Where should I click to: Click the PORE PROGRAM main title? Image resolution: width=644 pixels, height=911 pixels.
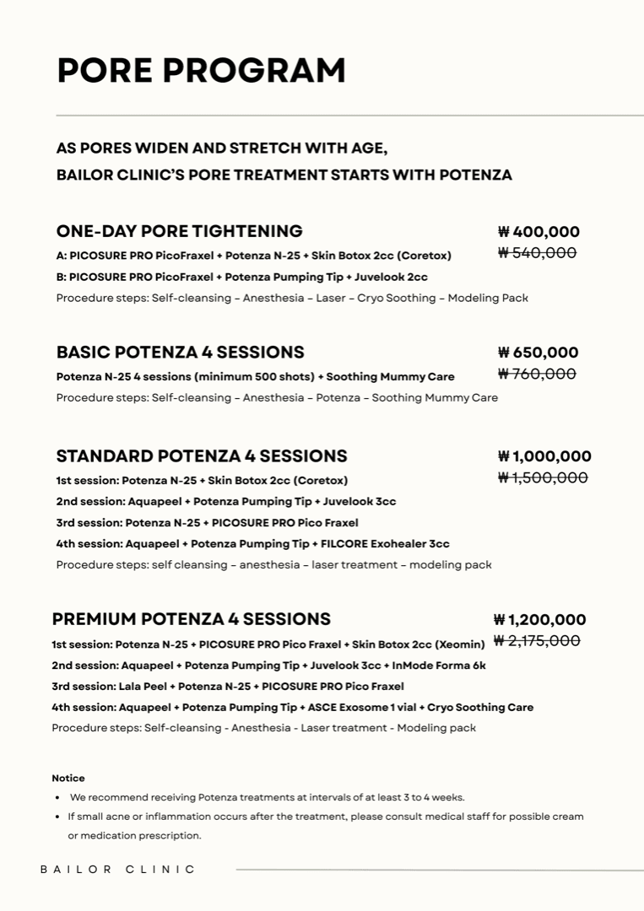point(201,70)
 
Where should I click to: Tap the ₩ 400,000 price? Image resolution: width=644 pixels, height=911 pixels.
point(538,232)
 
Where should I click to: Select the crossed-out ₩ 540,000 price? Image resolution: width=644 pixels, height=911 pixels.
point(537,253)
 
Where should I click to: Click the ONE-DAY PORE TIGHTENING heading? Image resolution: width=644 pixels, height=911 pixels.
point(179,231)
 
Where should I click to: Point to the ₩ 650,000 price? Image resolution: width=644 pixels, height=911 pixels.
point(538,353)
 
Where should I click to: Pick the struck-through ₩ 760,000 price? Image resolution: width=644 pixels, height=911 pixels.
point(537,374)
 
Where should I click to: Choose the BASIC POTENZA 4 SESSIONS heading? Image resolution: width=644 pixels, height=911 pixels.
point(180,353)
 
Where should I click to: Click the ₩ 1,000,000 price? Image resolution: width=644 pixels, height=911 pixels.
point(544,456)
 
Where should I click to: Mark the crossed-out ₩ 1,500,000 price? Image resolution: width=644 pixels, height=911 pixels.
point(543,477)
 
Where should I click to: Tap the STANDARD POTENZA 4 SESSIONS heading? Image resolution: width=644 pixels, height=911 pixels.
point(202,456)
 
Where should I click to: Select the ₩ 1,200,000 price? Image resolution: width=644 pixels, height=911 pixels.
point(539,620)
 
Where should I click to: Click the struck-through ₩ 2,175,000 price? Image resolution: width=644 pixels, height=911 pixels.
point(537,641)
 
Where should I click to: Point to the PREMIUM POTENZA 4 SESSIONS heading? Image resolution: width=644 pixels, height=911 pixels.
point(191,619)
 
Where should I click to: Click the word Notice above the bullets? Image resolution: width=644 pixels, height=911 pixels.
point(68,778)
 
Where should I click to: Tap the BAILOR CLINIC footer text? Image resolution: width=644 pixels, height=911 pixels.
point(118,869)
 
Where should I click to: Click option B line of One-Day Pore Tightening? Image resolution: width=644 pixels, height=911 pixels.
point(241,277)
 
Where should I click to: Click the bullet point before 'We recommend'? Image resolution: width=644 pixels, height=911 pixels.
point(57,797)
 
